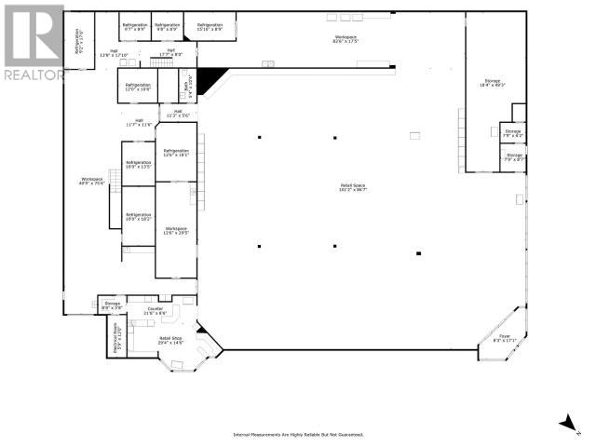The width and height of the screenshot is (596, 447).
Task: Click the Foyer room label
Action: click(504, 337)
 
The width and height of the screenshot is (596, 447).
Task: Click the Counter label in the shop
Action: click(155, 311)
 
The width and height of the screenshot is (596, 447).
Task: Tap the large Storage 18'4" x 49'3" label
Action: click(492, 83)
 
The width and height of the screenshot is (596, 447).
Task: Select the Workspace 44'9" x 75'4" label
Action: click(90, 182)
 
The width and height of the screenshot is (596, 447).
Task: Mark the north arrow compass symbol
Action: click(566, 424)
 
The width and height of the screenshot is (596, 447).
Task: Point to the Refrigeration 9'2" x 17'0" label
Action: click(83, 40)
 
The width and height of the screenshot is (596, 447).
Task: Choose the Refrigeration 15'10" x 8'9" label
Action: click(210, 27)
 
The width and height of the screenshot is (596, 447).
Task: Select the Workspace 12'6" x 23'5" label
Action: click(175, 230)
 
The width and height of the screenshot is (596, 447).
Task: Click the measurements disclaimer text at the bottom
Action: click(297, 434)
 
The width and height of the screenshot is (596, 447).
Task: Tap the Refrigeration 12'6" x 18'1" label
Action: click(175, 153)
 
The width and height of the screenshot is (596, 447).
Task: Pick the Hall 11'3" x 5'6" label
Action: click(178, 114)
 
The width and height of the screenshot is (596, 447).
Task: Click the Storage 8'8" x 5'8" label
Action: click(111, 305)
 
